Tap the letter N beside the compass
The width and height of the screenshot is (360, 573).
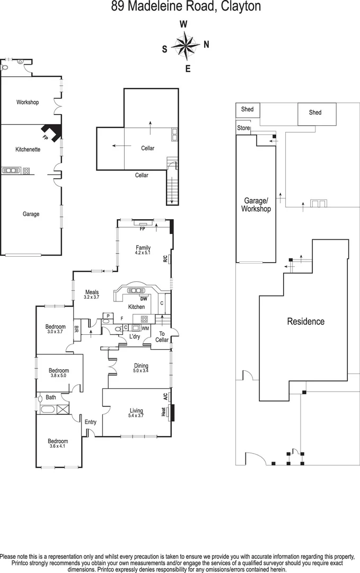[206, 45]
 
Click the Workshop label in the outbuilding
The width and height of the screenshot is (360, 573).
[28, 102]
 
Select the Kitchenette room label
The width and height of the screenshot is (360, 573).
[28, 150]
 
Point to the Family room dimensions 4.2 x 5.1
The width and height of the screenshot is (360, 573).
[143, 254]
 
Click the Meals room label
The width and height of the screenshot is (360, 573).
[91, 291]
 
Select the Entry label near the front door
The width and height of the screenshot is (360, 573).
[91, 422]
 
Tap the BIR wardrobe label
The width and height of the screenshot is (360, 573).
[77, 330]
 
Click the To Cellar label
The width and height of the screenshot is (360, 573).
[162, 337]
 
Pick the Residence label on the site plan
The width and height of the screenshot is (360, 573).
[305, 322]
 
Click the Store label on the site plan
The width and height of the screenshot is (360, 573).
[243, 128]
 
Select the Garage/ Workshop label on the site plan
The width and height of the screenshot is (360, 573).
[256, 205]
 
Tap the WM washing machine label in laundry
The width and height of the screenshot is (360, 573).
[145, 329]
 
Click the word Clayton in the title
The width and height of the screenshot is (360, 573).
[227, 7]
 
